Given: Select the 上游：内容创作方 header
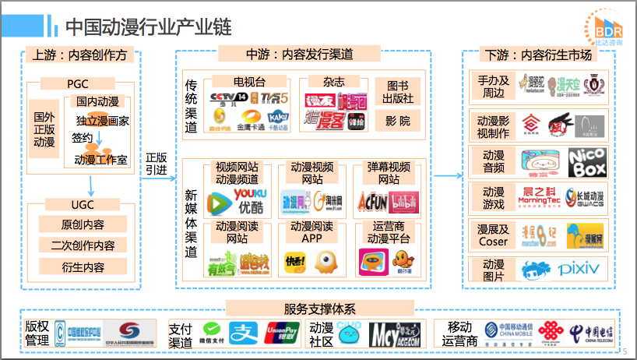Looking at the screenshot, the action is [x=81, y=55].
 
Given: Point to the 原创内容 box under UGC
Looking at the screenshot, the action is [x=83, y=224].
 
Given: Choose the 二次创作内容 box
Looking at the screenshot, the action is [x=83, y=245].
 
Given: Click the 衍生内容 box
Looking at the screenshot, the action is [x=83, y=266].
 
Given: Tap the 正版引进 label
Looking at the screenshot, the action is [x=156, y=164].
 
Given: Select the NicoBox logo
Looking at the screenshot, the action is [x=586, y=162].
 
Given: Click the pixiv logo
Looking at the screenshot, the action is [x=579, y=269].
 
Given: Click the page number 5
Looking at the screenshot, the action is [x=625, y=351].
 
